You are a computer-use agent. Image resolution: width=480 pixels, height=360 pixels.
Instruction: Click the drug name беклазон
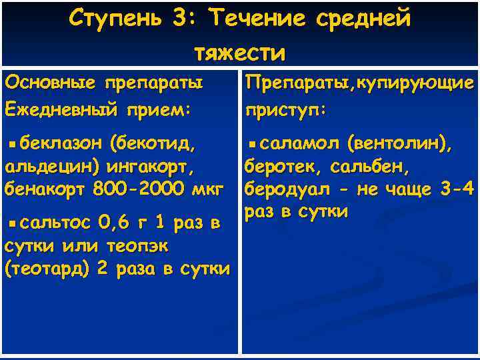pos(61,143)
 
